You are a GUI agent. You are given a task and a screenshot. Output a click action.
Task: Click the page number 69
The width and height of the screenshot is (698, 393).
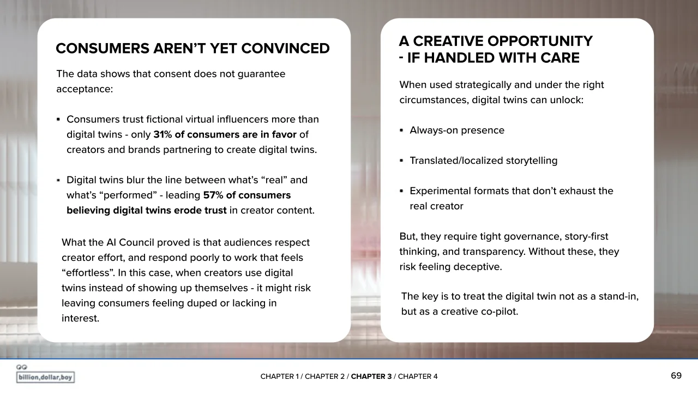676,376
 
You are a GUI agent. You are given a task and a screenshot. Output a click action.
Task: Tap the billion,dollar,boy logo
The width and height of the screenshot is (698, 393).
45,374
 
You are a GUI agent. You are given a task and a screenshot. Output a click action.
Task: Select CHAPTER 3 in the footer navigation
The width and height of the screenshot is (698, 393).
371,377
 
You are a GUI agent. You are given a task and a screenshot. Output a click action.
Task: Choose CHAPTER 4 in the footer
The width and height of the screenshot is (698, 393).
418,377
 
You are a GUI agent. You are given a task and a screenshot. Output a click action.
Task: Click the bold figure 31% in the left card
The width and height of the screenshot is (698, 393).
163,134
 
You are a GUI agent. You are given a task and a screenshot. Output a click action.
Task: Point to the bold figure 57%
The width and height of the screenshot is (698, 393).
213,195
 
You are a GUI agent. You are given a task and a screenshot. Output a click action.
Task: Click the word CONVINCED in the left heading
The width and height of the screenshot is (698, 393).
285,49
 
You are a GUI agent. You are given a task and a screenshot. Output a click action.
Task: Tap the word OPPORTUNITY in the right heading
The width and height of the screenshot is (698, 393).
540,41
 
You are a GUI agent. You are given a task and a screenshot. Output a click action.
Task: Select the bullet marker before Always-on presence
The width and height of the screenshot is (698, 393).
401,130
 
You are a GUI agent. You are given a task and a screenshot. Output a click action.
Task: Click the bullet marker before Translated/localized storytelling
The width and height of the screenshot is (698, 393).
401,160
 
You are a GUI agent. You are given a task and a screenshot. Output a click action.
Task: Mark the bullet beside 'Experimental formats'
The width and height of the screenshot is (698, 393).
401,191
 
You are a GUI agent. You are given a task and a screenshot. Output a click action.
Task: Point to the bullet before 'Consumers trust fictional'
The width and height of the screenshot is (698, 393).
58,120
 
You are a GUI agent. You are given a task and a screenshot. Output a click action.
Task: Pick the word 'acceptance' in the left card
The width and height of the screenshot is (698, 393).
85,90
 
